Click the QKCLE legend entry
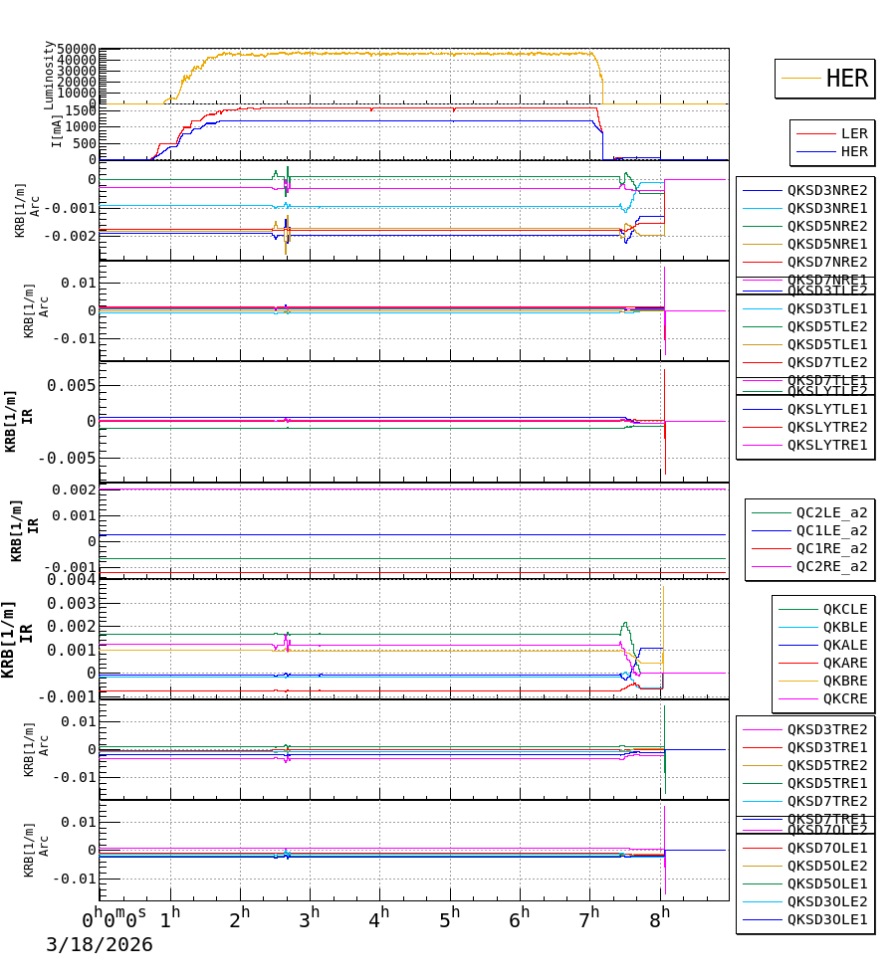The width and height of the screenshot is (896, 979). point(844,609)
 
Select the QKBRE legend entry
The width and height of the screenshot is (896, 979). point(844,681)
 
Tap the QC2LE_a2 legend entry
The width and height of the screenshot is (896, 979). point(831,512)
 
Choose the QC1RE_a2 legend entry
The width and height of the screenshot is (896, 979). point(831,548)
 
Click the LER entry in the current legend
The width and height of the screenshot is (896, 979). point(854,133)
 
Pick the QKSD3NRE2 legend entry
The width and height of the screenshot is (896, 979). point(826,190)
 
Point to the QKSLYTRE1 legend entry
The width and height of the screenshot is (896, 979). point(826,445)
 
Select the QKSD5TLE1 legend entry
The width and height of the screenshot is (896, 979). point(826,344)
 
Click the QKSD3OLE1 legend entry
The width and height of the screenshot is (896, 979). point(826,919)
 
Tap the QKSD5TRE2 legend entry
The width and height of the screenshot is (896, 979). point(826,765)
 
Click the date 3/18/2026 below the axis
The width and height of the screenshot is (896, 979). point(100,945)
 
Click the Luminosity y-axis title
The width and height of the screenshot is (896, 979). point(49,75)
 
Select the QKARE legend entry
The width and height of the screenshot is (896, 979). point(844,663)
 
